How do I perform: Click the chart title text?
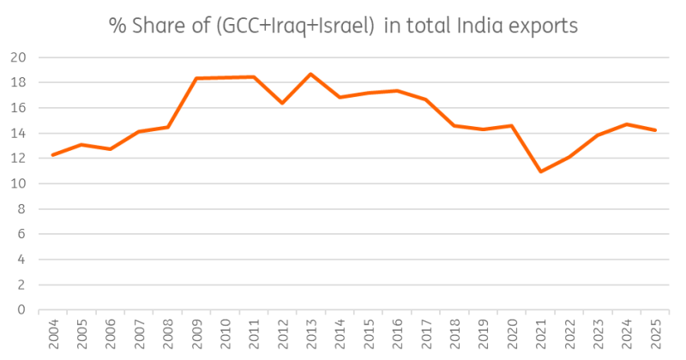click(343, 26)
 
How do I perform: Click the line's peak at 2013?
click(311, 74)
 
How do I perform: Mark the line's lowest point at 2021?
click(541, 171)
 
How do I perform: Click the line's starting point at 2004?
click(53, 155)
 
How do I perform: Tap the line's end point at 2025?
click(655, 130)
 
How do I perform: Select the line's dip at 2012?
click(282, 103)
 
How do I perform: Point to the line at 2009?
click(196, 79)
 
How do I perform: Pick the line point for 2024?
click(627, 124)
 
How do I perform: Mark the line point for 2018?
click(454, 126)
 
